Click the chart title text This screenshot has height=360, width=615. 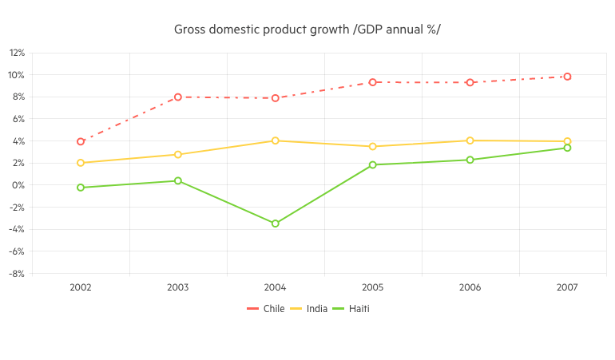[x=307, y=30]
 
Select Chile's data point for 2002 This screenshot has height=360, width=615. [x=81, y=141]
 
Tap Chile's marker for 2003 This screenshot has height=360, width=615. [x=178, y=97]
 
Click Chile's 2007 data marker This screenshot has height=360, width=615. [x=567, y=77]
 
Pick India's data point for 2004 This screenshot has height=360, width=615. [x=276, y=140]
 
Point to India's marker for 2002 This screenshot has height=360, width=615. [x=81, y=163]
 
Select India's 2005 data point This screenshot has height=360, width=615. [x=372, y=146]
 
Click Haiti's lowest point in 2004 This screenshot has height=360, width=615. [x=276, y=224]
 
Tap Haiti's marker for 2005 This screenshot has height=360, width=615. [x=372, y=164]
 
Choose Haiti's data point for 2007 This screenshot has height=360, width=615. [x=567, y=148]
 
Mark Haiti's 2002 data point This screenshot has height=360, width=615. [x=81, y=188]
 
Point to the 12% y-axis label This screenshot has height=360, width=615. [x=17, y=53]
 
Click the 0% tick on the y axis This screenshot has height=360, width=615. [x=18, y=185]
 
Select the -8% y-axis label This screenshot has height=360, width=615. [x=17, y=273]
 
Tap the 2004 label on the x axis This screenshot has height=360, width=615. [x=276, y=287]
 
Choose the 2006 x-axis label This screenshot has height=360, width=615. [x=470, y=287]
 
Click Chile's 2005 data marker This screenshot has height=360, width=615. [x=372, y=81]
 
